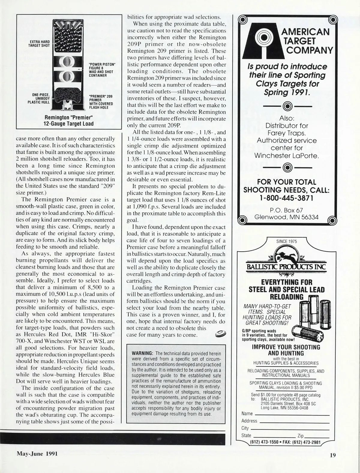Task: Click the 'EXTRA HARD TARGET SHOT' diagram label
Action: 39,43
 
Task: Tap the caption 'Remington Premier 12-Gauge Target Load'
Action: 69,120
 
